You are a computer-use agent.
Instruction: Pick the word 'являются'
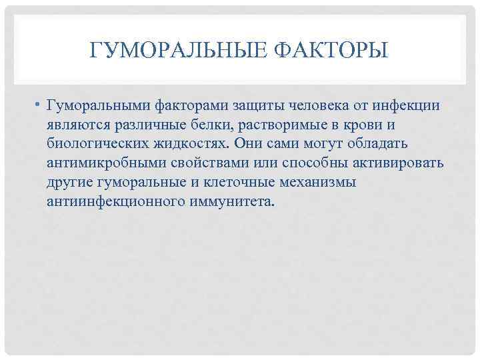pos(74,125)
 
